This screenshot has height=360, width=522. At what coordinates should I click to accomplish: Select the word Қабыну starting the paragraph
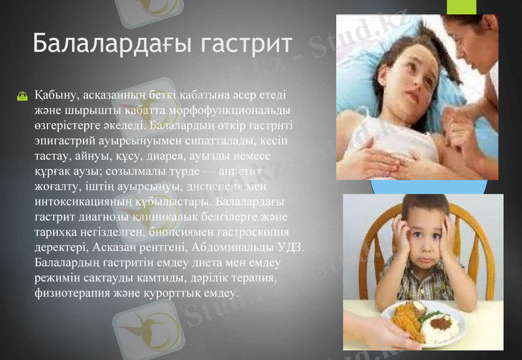[56, 95]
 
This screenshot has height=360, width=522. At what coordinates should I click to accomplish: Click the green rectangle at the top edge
[462, 7]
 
